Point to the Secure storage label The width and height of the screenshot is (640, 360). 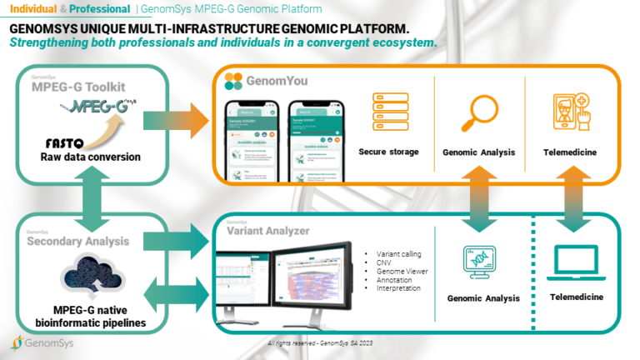pos(388,152)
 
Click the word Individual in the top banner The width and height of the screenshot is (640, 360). pos(32,8)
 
